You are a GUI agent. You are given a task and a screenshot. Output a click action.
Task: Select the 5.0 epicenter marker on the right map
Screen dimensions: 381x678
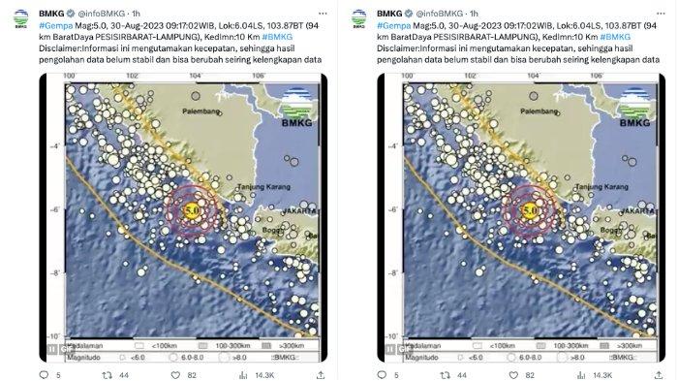click(x=530, y=208)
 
